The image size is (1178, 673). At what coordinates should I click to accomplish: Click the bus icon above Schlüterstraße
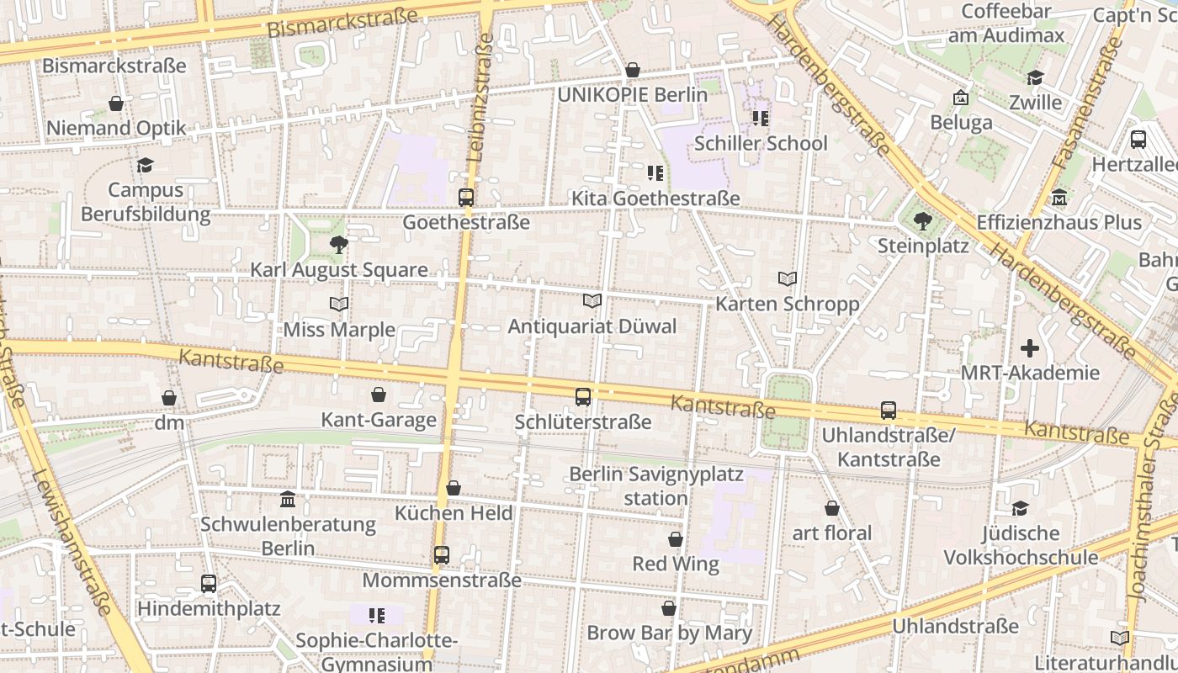pos(582,396)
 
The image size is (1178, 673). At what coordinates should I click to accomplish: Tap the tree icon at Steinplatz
pos(923,221)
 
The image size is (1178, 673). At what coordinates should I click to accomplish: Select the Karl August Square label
pos(339,270)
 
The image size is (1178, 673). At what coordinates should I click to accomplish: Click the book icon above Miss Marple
pos(339,304)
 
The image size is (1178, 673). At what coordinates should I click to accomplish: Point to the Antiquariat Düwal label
pos(592,326)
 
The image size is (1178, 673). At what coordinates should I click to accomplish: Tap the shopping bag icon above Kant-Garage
pos(379,395)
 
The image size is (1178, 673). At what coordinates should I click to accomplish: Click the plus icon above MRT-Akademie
pos(1030,348)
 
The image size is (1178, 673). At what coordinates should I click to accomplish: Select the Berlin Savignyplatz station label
pos(656,486)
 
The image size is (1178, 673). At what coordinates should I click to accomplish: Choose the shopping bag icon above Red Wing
pos(676,539)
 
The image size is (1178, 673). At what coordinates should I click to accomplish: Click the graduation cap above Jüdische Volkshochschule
pos(1020,508)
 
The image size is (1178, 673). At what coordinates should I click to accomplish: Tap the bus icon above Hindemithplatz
pos(209,583)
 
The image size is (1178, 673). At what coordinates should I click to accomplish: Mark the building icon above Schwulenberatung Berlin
pos(288,499)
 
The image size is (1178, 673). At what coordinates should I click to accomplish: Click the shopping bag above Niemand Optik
pos(116,103)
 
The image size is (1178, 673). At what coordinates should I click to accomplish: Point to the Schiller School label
pos(761,144)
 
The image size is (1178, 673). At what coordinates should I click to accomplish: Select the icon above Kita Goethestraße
pos(655,173)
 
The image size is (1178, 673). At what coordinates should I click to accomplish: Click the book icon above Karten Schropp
pos(788,278)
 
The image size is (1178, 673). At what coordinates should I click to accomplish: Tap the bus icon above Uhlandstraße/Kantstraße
pos(889,411)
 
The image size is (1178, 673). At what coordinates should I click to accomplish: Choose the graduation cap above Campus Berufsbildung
pos(146,165)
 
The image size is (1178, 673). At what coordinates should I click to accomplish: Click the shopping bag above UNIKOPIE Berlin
pos(633,70)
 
